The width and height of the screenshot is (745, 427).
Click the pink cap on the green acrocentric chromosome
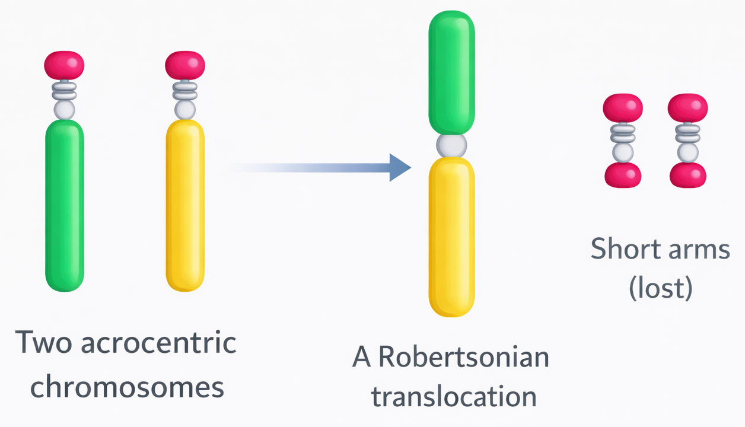pyautogui.click(x=64, y=65)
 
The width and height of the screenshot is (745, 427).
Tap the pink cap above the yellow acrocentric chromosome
pyautogui.click(x=185, y=65)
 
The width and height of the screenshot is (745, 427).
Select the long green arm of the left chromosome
pyautogui.click(x=65, y=205)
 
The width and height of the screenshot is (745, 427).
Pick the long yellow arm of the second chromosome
pyautogui.click(x=185, y=205)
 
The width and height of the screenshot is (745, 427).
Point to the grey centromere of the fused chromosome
pyautogui.click(x=451, y=145)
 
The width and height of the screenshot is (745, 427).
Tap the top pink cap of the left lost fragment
pyautogui.click(x=623, y=109)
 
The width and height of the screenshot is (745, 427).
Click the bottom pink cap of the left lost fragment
pyautogui.click(x=623, y=176)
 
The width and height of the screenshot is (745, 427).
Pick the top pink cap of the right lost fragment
pyautogui.click(x=687, y=109)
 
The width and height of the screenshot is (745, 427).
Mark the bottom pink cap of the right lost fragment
pyautogui.click(x=687, y=176)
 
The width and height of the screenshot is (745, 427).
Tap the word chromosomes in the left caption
pyautogui.click(x=127, y=387)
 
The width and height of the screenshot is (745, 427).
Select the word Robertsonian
pyautogui.click(x=464, y=357)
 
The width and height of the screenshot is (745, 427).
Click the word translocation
pyautogui.click(x=454, y=396)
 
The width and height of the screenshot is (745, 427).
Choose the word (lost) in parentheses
pyautogui.click(x=660, y=288)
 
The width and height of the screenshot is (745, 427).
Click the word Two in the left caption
pyautogui.click(x=42, y=343)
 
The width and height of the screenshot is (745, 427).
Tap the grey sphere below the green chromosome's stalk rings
pyautogui.click(x=64, y=110)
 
